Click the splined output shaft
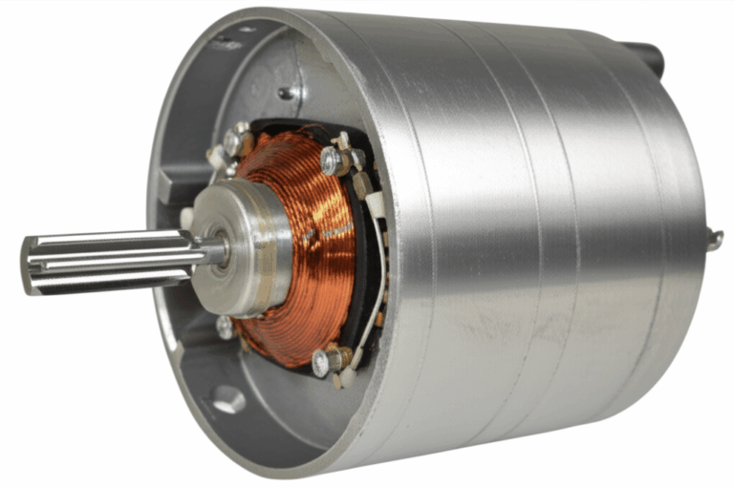(105, 259)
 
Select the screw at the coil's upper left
(232, 142)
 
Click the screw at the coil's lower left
(225, 328)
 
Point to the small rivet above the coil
(285, 94)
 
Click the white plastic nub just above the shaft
(186, 219)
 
